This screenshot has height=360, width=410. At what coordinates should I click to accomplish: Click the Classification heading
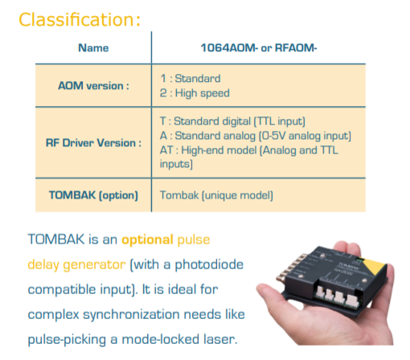tap(80, 19)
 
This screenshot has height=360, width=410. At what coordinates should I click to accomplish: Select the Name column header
tap(93, 48)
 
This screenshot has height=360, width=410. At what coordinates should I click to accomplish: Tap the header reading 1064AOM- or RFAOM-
tap(259, 48)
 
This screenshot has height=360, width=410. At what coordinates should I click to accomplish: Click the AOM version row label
tap(93, 86)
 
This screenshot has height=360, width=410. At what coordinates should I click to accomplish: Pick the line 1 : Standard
tap(191, 79)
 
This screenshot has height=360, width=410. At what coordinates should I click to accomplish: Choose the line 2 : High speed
tap(195, 93)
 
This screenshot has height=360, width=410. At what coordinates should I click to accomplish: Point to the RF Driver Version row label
tap(93, 143)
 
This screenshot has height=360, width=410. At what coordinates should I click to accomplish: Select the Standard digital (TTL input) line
tap(232, 121)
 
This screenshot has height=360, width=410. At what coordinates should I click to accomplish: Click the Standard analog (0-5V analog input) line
tap(256, 136)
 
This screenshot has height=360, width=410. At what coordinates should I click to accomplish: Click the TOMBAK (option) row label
tap(93, 195)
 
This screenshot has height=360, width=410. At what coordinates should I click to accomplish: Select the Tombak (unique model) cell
tap(216, 195)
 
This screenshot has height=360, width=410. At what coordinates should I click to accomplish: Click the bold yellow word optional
tap(147, 240)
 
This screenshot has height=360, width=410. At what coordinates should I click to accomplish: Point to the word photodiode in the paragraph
tap(209, 265)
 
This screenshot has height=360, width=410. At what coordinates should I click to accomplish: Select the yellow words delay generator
tap(76, 265)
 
